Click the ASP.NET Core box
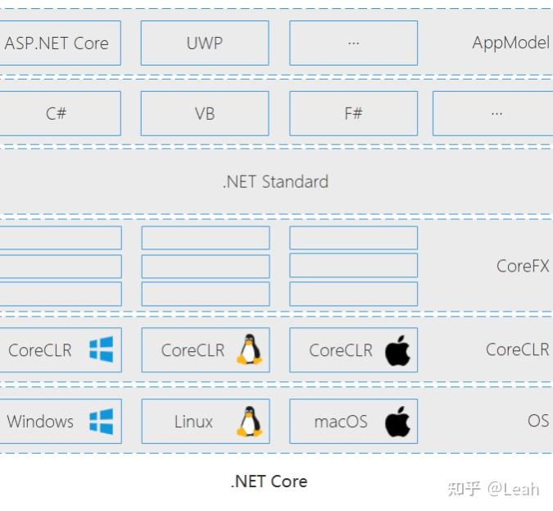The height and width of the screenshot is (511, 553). click(x=57, y=43)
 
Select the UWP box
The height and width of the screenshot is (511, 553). click(x=205, y=43)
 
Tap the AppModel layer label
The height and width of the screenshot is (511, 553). click(x=510, y=43)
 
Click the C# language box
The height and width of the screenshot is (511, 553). click(x=57, y=113)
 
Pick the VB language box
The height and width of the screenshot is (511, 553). click(x=205, y=113)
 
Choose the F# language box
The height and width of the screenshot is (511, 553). click(x=353, y=113)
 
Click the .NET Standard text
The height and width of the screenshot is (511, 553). click(x=275, y=181)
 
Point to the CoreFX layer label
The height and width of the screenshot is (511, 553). click(x=523, y=266)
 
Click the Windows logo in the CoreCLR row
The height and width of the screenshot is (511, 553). click(x=101, y=349)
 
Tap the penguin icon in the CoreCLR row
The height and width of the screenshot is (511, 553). click(x=249, y=349)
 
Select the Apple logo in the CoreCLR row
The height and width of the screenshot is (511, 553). click(x=397, y=350)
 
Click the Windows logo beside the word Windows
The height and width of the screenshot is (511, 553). click(x=101, y=422)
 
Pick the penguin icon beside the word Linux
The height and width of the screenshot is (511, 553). click(x=249, y=422)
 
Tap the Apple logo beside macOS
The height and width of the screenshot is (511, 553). click(x=397, y=422)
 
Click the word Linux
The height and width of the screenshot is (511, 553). click(x=193, y=422)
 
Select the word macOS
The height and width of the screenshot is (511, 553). click(x=341, y=422)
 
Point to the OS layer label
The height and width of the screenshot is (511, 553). click(x=537, y=421)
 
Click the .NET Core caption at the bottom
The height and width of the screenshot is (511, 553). click(x=269, y=481)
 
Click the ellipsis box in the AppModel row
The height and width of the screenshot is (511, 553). click(x=353, y=43)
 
